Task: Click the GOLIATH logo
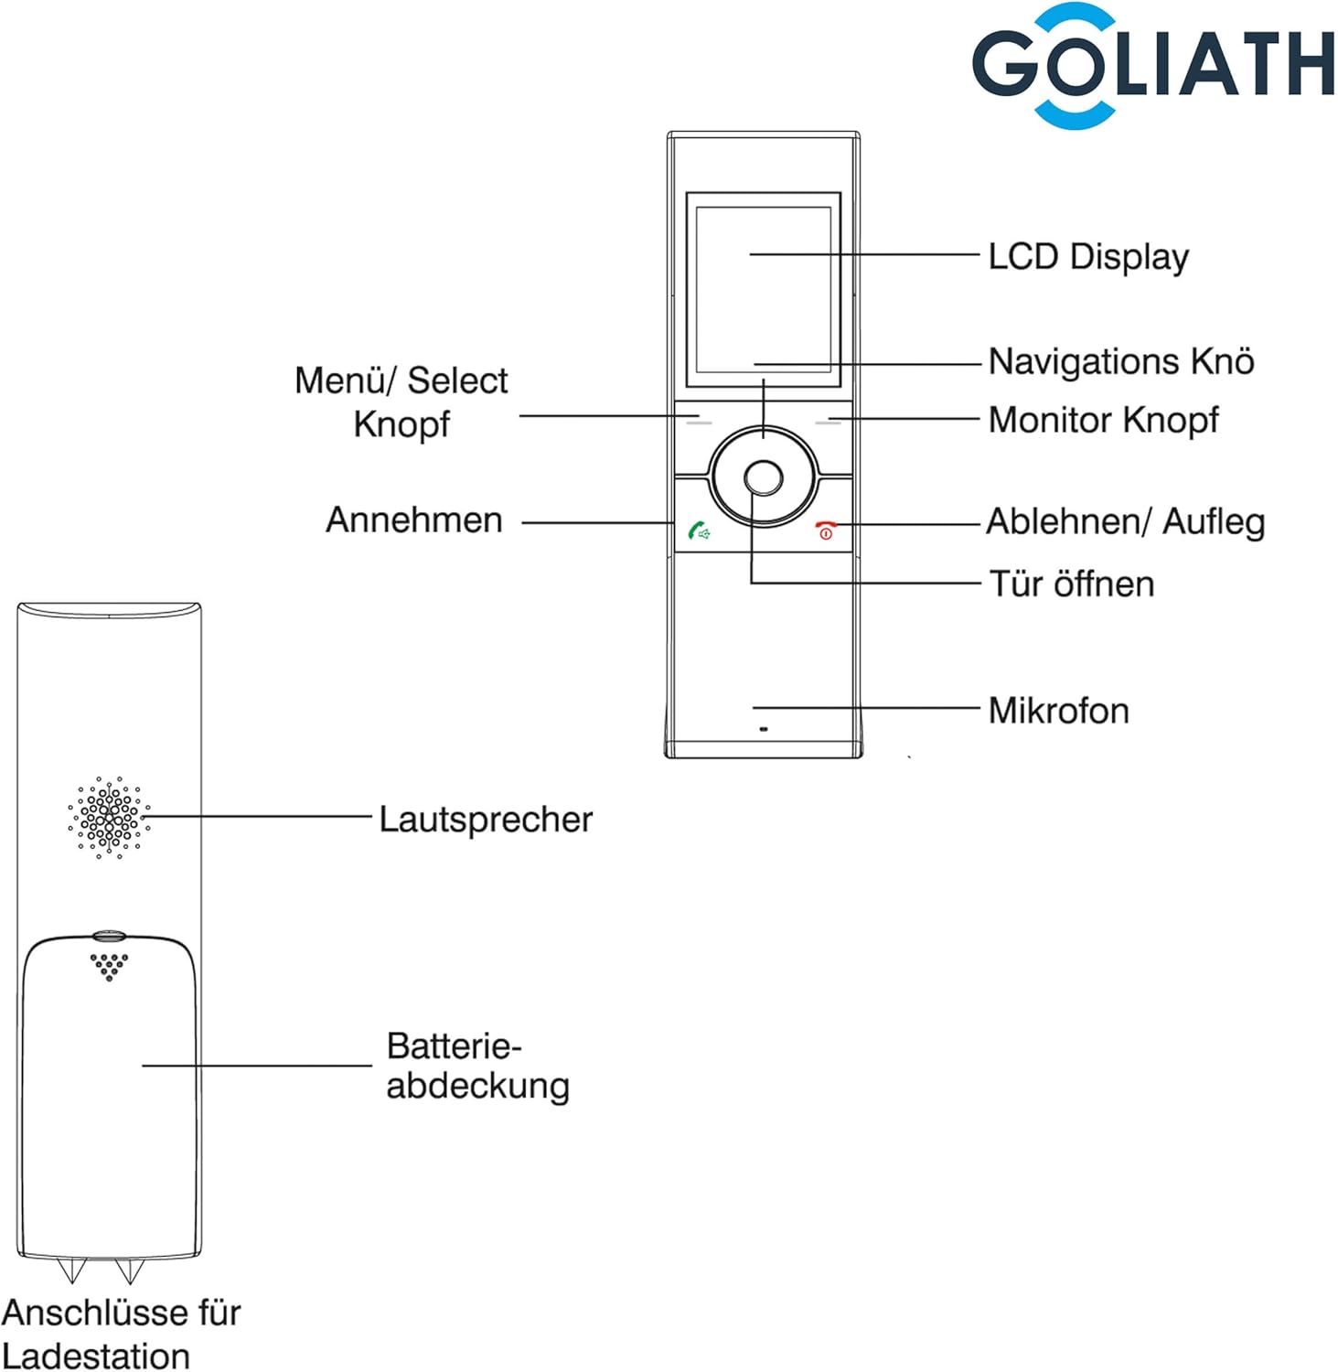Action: pyautogui.click(x=1152, y=64)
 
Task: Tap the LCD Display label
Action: pyautogui.click(x=1088, y=257)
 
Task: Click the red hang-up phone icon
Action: pyautogui.click(x=826, y=531)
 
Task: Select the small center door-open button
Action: pyautogui.click(x=764, y=477)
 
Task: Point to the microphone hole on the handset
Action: pyautogui.click(x=764, y=729)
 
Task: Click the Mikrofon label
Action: pyautogui.click(x=1058, y=711)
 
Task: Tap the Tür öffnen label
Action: pyautogui.click(x=1072, y=584)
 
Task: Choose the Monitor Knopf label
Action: pyautogui.click(x=1103, y=420)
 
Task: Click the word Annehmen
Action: pyautogui.click(x=414, y=520)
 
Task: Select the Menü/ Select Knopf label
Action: pyautogui.click(x=401, y=402)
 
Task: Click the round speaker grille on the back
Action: pyautogui.click(x=109, y=817)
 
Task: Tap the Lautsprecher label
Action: pyautogui.click(x=486, y=819)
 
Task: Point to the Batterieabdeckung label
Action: pyautogui.click(x=477, y=1066)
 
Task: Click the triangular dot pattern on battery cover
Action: pyautogui.click(x=109, y=966)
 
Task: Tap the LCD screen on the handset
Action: pyautogui.click(x=764, y=288)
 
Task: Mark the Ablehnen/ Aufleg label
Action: pyautogui.click(x=1125, y=522)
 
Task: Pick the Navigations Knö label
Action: pyautogui.click(x=1121, y=361)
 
